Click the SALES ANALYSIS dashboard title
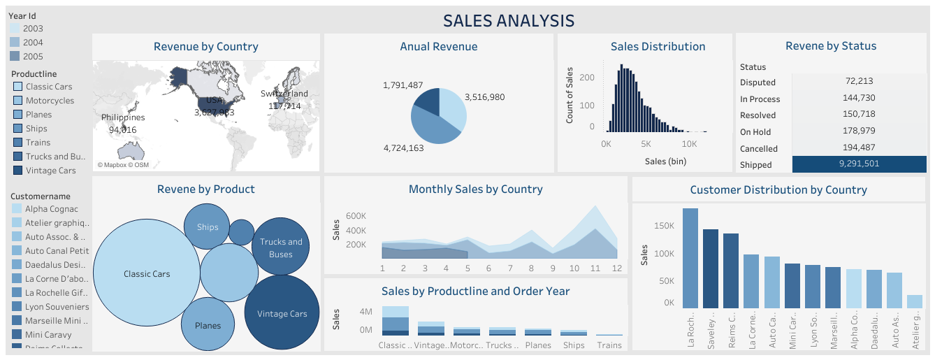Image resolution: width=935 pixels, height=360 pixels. coord(509,21)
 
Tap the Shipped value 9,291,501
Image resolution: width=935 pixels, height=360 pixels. coord(859,164)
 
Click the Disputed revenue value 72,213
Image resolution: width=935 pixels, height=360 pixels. coord(859,81)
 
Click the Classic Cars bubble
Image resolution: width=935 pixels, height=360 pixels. coord(147,274)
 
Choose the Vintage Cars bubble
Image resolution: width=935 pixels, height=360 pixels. coord(282,312)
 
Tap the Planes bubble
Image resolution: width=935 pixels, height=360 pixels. coord(208,324)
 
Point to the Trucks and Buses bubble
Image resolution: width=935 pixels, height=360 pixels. coord(281,247)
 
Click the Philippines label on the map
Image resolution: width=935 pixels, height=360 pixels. coord(123,118)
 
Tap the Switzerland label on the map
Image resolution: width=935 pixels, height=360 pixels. coord(284,94)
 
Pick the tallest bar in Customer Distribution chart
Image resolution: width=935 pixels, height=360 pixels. coord(690,258)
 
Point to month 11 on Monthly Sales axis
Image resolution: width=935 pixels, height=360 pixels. coord(595,268)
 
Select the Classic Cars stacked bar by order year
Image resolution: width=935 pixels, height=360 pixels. coord(395,321)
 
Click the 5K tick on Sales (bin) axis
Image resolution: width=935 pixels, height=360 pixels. coord(646,144)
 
